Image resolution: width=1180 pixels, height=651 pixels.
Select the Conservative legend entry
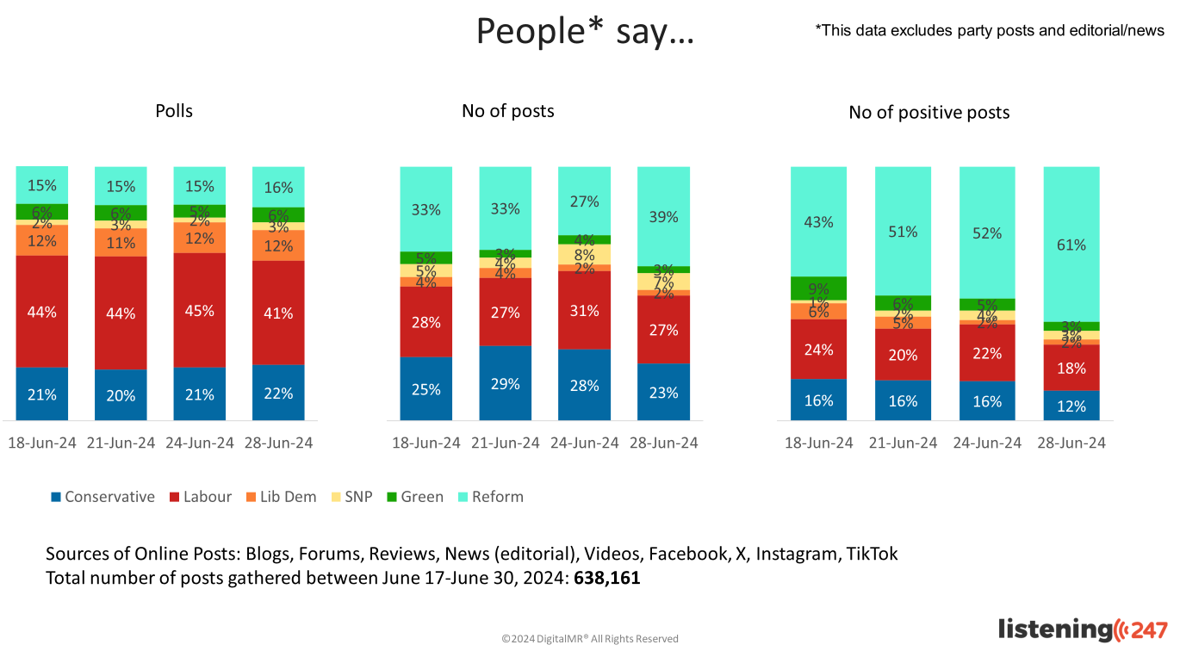pos(102,497)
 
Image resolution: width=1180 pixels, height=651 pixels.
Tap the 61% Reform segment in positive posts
pos(1071,245)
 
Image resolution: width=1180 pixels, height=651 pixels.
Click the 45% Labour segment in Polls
pos(200,310)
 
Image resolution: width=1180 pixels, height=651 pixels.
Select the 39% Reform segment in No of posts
pos(663,217)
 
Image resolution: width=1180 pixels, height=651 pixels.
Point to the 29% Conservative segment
pos(506,383)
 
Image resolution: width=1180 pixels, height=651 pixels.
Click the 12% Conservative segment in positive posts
pos(1071,406)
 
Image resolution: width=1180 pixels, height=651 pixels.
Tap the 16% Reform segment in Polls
pos(278,187)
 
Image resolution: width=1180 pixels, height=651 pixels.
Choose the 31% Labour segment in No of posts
pos(584,310)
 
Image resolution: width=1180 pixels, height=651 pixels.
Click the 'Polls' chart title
pos(174,111)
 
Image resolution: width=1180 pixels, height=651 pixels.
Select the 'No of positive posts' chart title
pos(928,113)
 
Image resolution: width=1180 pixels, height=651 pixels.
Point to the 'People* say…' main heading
pos(585,32)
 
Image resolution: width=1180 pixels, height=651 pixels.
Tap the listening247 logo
pos(1083,629)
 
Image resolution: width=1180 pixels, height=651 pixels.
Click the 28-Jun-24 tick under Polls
pos(278,443)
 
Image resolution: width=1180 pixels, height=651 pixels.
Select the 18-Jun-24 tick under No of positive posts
pos(818,443)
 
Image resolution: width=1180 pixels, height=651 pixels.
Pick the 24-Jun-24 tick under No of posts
pos(584,443)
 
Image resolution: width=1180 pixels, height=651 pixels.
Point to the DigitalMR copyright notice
pos(590,639)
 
